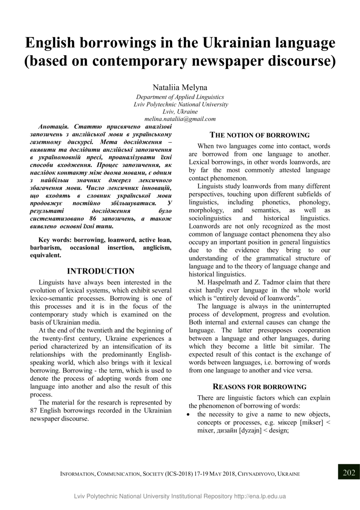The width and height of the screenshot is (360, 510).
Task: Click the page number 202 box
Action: [x=349, y=473]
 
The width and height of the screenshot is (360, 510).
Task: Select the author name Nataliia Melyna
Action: [x=180, y=87]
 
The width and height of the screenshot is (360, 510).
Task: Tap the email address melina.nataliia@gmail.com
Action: [x=180, y=119]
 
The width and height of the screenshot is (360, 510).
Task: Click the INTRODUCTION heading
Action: [x=101, y=271]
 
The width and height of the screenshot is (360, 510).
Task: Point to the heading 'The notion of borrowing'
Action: [x=260, y=135]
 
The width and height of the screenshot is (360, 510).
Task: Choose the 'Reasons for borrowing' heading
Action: [x=260, y=387]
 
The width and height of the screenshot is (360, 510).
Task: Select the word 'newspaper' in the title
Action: [x=225, y=60]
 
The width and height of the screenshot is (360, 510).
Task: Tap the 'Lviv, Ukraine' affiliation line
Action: [x=180, y=111]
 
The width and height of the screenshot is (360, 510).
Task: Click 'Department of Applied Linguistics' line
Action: [x=180, y=97]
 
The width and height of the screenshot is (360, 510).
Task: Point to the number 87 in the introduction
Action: [x=34, y=410]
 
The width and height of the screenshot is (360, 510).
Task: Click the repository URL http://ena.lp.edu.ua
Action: [x=260, y=496]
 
